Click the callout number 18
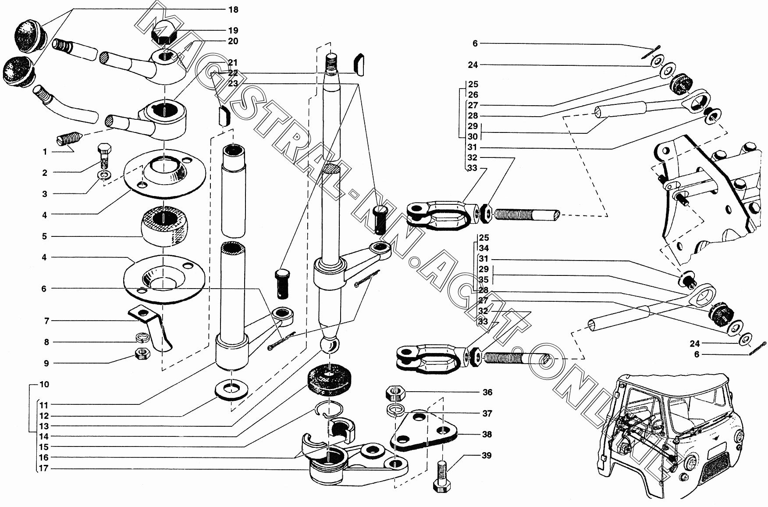coord(233,9)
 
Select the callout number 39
coord(487,455)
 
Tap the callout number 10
coord(44,384)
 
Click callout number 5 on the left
coord(44,236)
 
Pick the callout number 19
coord(233,30)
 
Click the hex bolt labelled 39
coord(442,479)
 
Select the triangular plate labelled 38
coord(424,431)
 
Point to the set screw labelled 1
coord(68,140)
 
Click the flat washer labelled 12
coord(230,388)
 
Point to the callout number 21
coord(233,62)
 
